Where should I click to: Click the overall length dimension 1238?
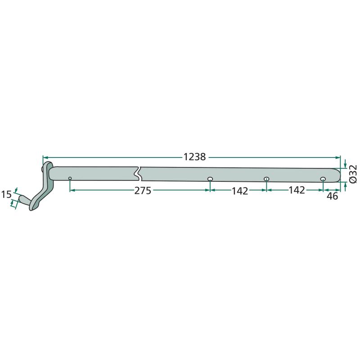click(194, 157)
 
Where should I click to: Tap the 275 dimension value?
click(143, 190)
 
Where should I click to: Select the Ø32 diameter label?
click(353, 174)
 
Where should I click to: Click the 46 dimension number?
click(333, 196)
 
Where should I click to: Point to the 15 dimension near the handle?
click(6, 194)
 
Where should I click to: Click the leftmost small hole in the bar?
click(70, 178)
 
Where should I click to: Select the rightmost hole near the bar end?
click(323, 179)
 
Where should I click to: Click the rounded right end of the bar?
click(338, 175)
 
